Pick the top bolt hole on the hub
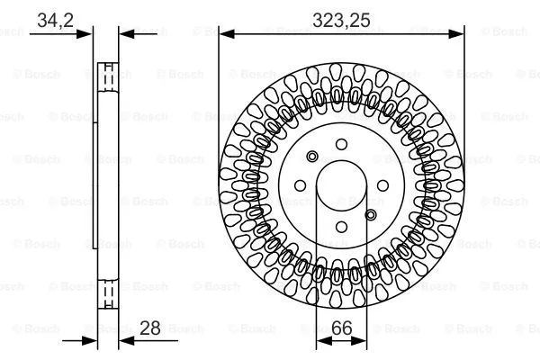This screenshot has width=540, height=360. (340, 144)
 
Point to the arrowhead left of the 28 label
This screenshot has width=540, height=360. (125, 341)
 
